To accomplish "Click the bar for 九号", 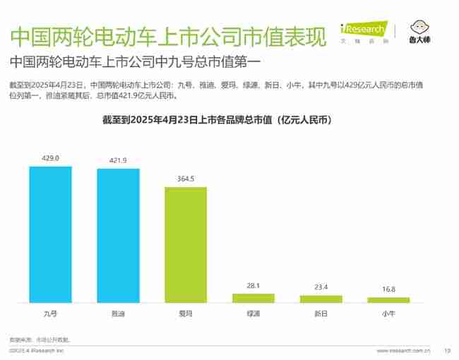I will click(50, 234).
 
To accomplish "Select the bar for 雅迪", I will click(118, 236).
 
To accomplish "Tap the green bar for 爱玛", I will click(186, 245).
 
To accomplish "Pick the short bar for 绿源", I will click(254, 298).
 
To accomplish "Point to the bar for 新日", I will click(321, 299).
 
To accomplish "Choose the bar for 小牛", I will click(388, 300).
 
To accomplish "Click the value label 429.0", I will click(50, 158).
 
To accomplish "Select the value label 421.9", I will click(118, 161).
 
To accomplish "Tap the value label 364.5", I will click(186, 179).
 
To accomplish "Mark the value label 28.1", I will click(254, 286).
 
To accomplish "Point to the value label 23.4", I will click(321, 287).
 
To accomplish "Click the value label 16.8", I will click(388, 289).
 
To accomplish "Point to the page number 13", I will click(446, 350).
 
